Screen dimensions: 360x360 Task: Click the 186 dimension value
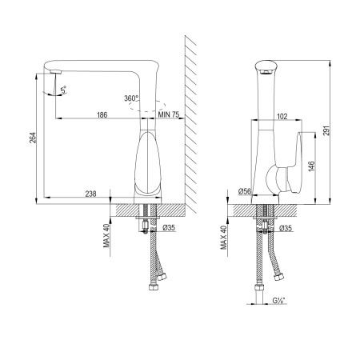click(x=102, y=115)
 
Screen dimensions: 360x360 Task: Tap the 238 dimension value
click(x=90, y=194)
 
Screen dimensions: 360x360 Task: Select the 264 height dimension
click(x=33, y=138)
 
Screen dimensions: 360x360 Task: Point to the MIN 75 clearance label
click(x=169, y=114)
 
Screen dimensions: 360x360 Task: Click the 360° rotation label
click(x=131, y=98)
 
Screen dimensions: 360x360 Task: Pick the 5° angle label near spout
click(x=64, y=90)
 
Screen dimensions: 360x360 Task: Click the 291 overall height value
click(x=326, y=130)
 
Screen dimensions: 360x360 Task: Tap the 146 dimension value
click(x=311, y=166)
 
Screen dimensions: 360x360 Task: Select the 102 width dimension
click(x=282, y=116)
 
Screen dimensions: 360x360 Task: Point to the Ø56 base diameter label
click(x=245, y=191)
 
